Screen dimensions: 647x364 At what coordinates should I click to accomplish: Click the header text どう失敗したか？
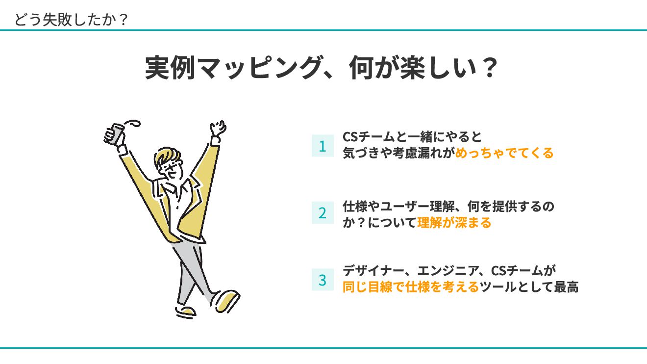click(x=71, y=19)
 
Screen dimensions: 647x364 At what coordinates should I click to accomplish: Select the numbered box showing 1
click(x=323, y=146)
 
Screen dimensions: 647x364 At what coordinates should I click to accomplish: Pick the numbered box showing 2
click(x=323, y=213)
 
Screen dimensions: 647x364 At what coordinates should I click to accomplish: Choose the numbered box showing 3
click(x=323, y=280)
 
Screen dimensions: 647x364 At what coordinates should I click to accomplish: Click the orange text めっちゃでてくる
click(x=504, y=153)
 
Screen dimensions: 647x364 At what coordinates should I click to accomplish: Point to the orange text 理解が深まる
click(x=454, y=223)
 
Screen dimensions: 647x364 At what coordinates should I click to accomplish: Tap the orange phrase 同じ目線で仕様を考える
click(x=410, y=287)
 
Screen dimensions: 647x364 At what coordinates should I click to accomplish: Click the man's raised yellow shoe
click(x=226, y=300)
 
